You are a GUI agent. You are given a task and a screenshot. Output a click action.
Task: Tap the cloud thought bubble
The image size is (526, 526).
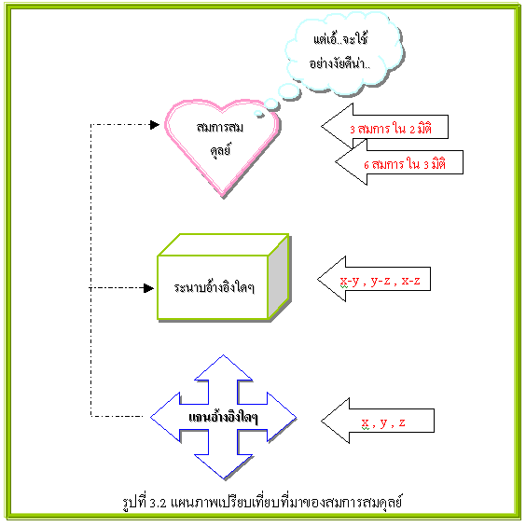click(344, 54)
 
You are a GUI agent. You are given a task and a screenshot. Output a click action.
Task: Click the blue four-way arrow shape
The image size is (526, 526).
click(224, 417)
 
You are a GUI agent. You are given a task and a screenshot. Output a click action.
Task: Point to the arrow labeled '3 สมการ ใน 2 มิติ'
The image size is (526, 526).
click(384, 127)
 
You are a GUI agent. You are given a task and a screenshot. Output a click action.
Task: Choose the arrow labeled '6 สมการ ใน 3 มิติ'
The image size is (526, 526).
click(399, 162)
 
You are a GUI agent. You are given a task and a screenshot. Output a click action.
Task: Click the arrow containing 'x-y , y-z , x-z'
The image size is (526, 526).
click(374, 279)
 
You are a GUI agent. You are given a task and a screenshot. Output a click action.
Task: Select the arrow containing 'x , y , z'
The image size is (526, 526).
click(378, 421)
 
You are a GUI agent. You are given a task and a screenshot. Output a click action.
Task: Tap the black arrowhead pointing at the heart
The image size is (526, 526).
click(155, 125)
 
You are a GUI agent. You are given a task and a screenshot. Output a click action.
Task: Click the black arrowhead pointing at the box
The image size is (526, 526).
click(148, 288)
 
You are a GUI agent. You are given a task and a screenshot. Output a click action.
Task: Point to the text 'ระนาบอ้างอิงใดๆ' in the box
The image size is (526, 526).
click(214, 287)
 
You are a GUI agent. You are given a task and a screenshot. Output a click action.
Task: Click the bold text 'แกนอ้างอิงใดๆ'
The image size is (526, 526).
click(224, 417)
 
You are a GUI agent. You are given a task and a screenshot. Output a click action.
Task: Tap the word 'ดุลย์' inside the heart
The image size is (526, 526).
click(221, 150)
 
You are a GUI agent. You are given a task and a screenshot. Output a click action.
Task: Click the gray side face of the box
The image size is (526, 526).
click(279, 276)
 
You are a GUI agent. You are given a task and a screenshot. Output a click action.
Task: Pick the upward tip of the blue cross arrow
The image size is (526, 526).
click(224, 355)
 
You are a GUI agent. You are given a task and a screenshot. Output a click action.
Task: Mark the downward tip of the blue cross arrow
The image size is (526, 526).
click(224, 479)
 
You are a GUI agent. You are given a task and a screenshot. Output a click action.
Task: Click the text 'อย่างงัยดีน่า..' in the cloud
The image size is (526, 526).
click(339, 62)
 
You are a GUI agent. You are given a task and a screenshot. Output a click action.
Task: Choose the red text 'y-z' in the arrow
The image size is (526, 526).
click(381, 281)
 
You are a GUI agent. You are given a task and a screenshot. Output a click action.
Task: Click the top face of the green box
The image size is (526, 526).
click(224, 244)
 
